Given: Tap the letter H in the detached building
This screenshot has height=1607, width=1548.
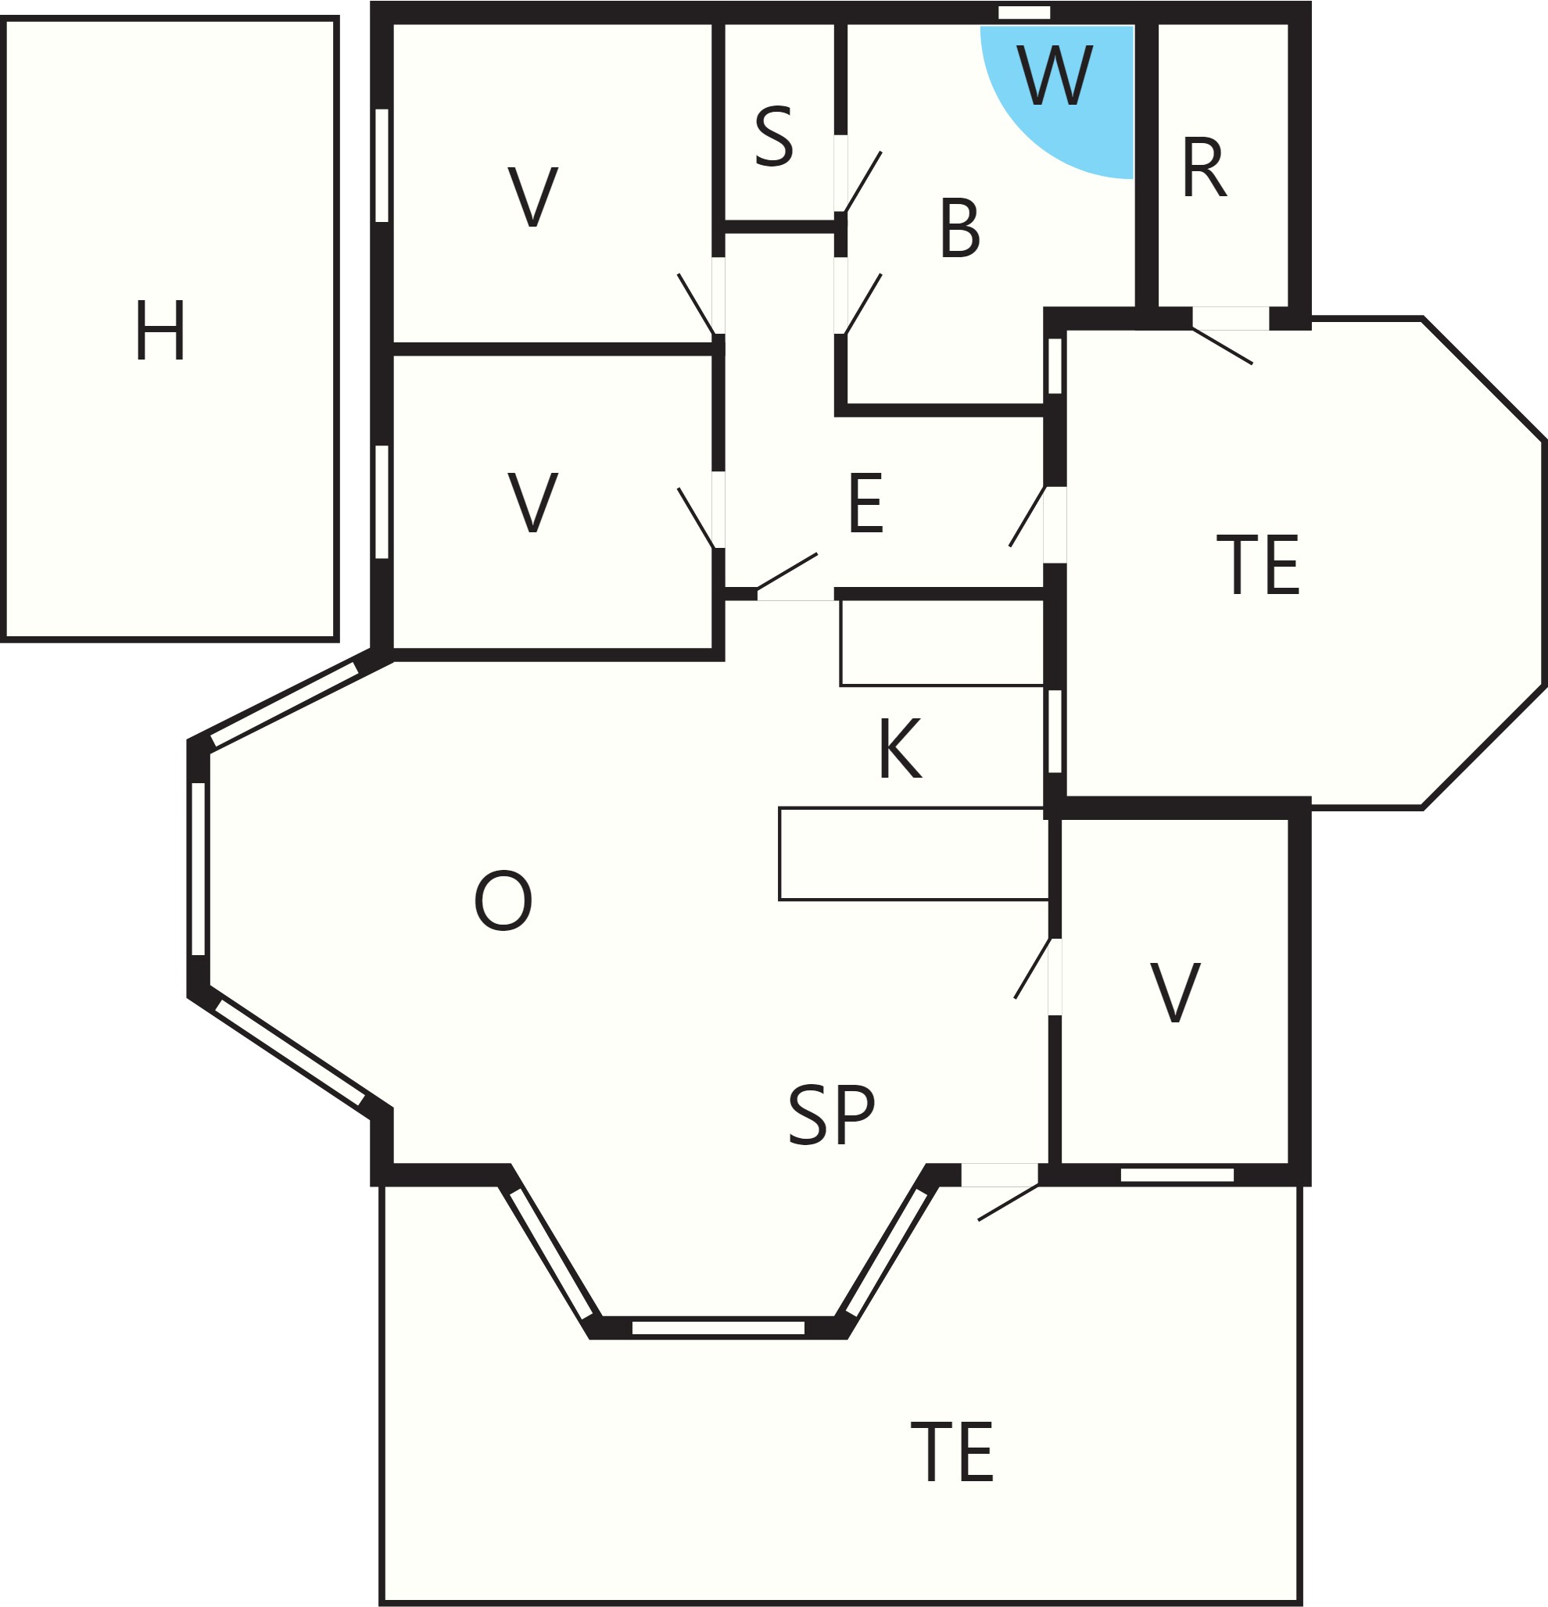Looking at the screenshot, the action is [x=161, y=330].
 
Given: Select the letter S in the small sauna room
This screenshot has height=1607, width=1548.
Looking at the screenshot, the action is [x=774, y=136].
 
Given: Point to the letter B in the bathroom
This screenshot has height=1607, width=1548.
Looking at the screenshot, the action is [x=960, y=227].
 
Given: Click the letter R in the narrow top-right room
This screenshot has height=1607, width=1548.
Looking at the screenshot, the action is [x=1204, y=167].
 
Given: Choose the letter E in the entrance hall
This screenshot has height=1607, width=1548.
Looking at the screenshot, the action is [x=865, y=503].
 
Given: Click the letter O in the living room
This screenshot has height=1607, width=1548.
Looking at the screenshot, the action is [x=503, y=900].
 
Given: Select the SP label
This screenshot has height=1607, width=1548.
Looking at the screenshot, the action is [x=830, y=1115].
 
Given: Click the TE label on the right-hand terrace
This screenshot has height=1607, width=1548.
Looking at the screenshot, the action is [x=1258, y=564].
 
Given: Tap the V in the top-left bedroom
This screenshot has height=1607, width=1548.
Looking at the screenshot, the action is [x=533, y=196].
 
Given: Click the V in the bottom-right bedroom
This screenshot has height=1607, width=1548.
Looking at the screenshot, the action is [x=1175, y=993].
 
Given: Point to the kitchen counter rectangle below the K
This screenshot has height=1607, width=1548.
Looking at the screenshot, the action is [x=914, y=854].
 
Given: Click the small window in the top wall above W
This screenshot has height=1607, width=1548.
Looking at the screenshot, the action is [x=1024, y=13].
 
